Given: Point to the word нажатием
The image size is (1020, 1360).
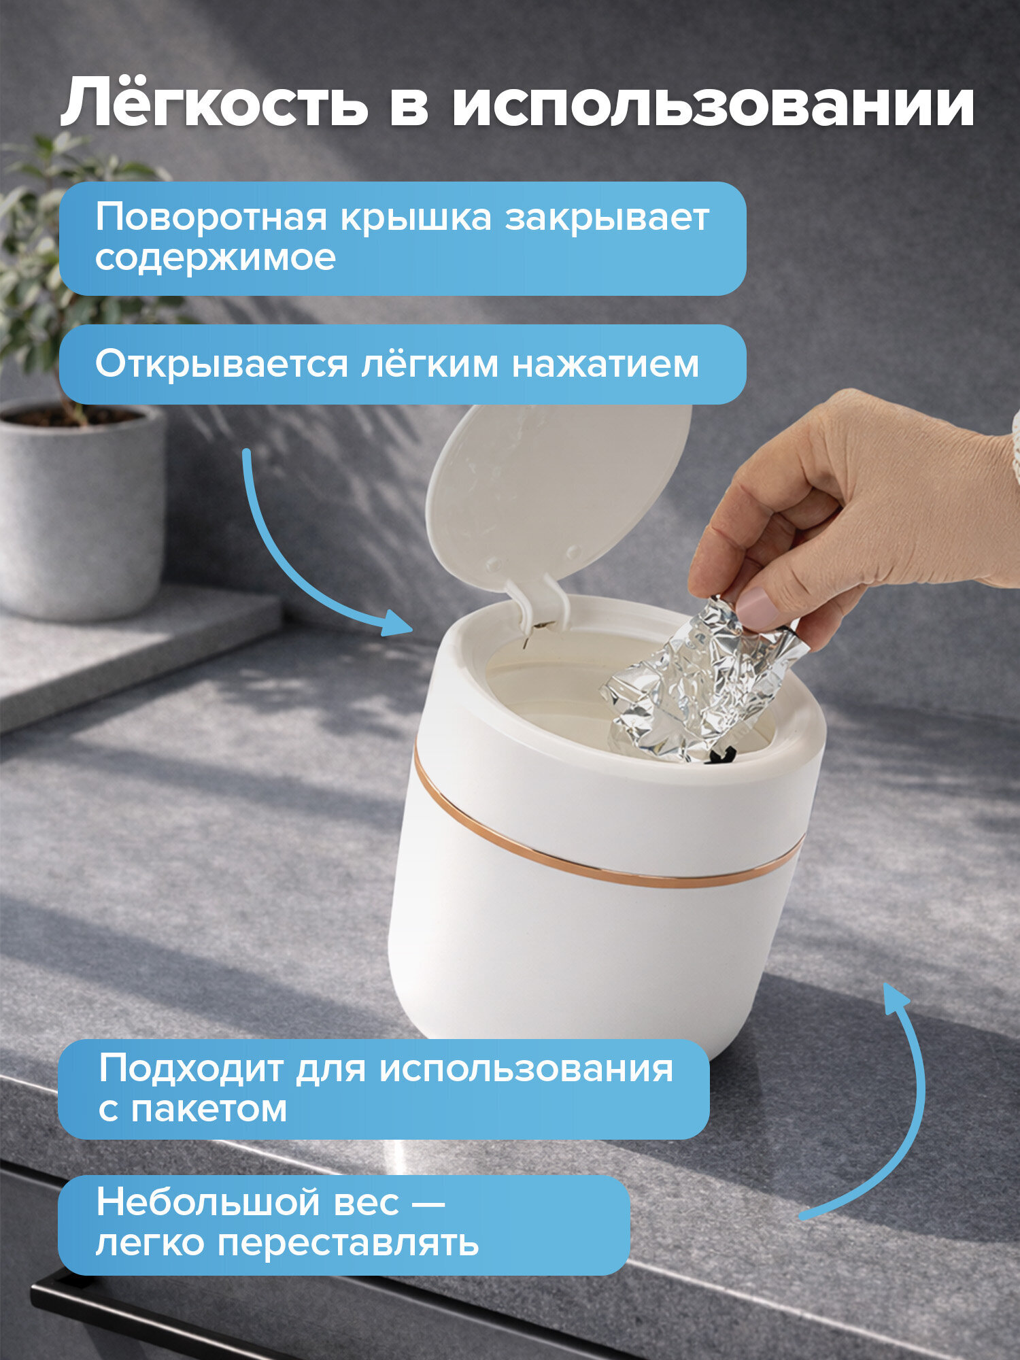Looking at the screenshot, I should [605, 364].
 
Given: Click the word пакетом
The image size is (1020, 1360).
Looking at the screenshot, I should [209, 1109].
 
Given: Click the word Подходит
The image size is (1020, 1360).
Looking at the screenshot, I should [190, 1068].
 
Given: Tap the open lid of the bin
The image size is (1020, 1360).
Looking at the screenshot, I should [558, 490].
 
